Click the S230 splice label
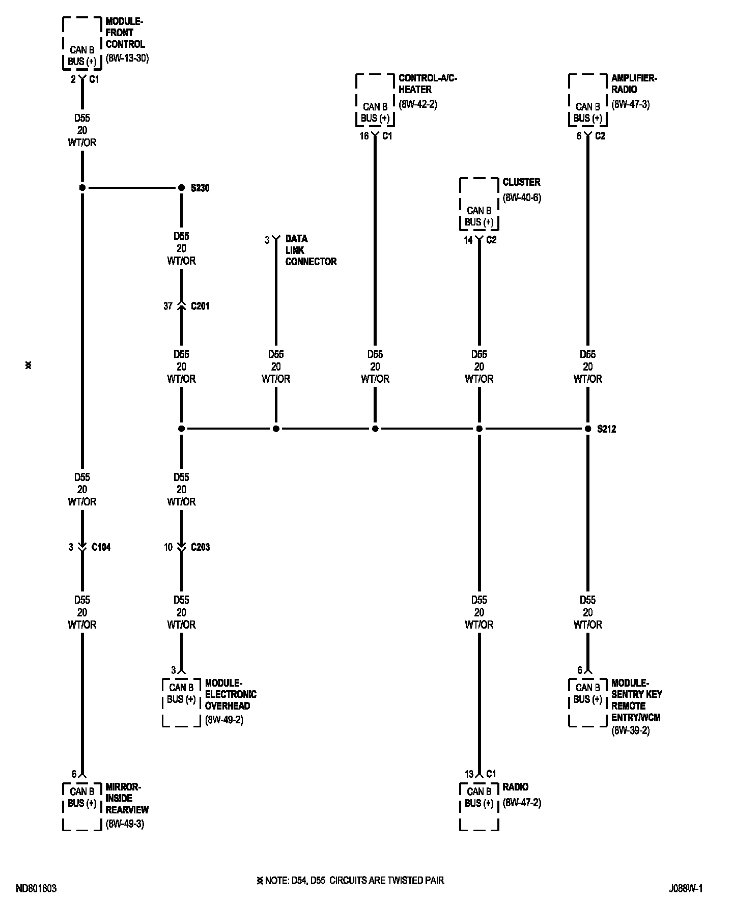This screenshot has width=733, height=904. [200, 188]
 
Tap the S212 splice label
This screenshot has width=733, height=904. [606, 429]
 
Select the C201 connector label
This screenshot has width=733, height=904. [200, 306]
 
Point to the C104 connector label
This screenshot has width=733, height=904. [101, 547]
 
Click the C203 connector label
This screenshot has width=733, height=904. [200, 547]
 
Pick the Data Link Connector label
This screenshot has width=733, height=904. [311, 250]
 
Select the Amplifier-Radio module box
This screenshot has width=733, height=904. [588, 101]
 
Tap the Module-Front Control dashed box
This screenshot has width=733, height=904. [82, 44]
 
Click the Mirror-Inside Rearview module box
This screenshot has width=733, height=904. [82, 806]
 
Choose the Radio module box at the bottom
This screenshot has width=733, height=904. [479, 806]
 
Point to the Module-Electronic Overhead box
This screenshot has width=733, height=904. [181, 702]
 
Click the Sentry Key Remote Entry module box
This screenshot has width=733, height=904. [588, 702]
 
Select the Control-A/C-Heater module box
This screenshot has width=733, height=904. [375, 101]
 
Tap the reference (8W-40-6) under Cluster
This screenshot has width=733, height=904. [522, 198]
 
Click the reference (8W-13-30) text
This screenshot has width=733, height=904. [127, 58]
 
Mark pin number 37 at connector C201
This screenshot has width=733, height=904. [168, 306]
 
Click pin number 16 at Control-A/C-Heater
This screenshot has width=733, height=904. [364, 136]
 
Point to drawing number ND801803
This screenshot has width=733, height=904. [36, 889]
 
